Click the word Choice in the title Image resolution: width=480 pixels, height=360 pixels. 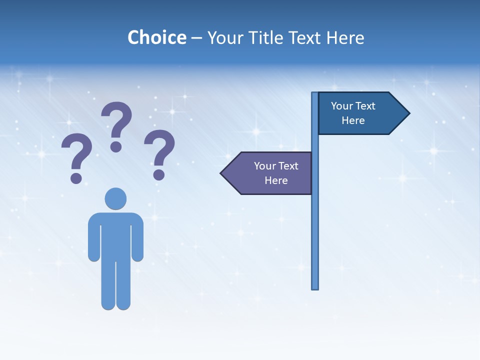[x=156, y=37]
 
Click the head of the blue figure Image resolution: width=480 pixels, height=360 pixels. [x=115, y=198]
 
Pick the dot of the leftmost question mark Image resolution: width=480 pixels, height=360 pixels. [x=76, y=177]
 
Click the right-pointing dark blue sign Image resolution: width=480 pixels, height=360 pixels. [x=357, y=113]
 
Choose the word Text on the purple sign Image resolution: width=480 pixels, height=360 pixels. [x=288, y=166]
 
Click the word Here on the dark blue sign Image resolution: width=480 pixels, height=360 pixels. [x=353, y=120]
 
